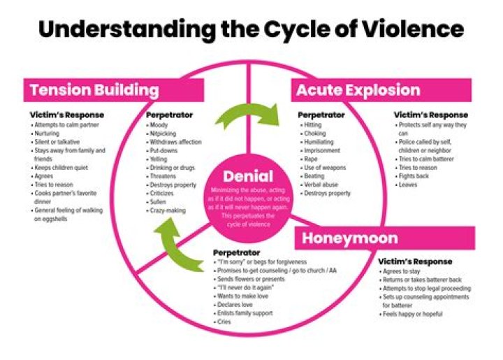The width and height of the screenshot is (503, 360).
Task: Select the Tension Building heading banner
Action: [94, 90]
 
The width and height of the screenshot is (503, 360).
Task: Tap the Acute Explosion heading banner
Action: [358, 90]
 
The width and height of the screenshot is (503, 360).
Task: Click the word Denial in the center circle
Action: [248, 177]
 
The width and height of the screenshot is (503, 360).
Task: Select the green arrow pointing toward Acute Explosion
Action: [252, 115]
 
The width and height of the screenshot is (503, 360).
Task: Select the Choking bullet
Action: [316, 133]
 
